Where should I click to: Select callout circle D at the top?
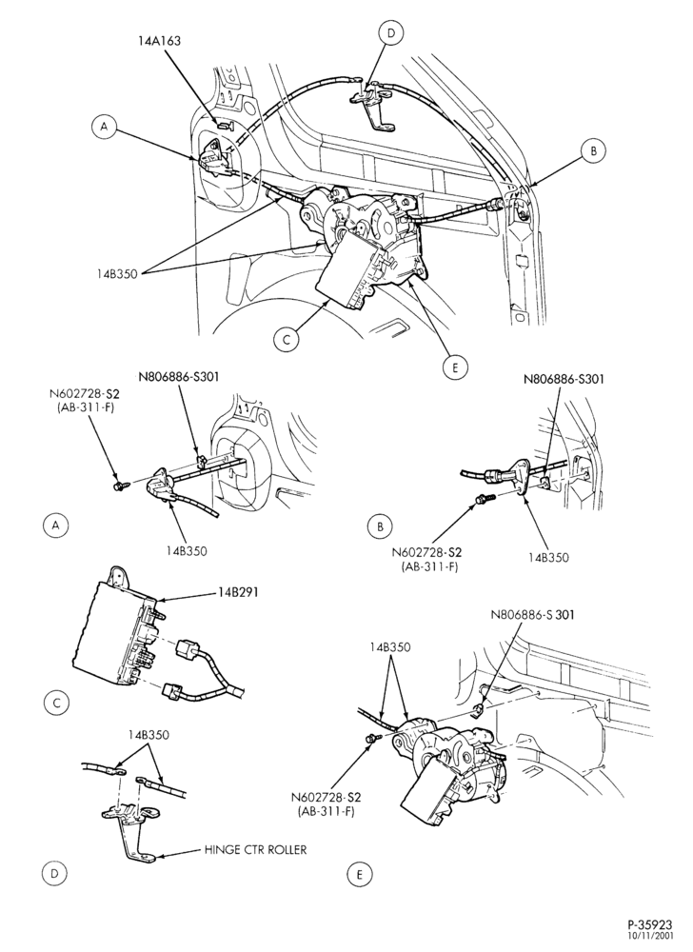[x=391, y=33]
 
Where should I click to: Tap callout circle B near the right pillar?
[x=593, y=151]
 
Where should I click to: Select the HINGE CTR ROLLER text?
[x=256, y=849]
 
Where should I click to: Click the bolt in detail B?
[x=484, y=498]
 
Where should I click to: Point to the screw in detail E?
[x=372, y=737]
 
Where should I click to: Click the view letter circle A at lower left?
[x=56, y=525]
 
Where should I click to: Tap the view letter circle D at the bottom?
[x=54, y=874]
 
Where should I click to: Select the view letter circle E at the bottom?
[x=359, y=874]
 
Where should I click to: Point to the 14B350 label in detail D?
[x=148, y=735]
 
